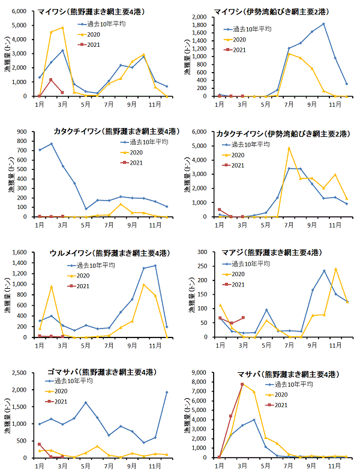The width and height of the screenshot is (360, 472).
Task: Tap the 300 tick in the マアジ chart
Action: pyautogui.click(x=203, y=252)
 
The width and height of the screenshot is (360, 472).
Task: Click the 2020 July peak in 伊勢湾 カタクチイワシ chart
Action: pyautogui.click(x=289, y=148)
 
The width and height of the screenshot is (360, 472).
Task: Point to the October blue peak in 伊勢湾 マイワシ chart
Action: pyautogui.click(x=323, y=24)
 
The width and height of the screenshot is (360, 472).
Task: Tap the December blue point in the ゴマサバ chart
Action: pyautogui.click(x=167, y=392)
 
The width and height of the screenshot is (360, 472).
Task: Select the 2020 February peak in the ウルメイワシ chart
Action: pyautogui.click(x=52, y=286)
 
